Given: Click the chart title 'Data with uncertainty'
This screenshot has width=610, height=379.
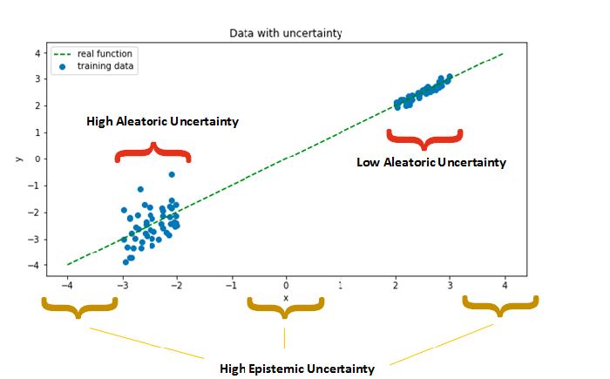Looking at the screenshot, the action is click(x=286, y=33).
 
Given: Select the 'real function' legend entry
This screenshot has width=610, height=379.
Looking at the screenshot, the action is click(x=93, y=54).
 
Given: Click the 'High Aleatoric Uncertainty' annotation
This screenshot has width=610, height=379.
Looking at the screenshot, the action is click(x=163, y=121).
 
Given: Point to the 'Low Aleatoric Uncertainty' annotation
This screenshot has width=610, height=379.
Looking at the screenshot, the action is click(x=431, y=162).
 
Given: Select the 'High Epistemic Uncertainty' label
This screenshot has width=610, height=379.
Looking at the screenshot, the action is click(x=297, y=369).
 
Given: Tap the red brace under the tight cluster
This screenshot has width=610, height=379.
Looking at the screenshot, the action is click(x=424, y=138).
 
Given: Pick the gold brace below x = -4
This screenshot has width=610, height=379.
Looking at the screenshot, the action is click(x=79, y=306).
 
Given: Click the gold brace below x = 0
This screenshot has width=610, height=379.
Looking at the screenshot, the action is click(x=286, y=306).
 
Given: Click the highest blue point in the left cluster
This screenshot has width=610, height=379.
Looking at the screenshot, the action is click(x=172, y=174).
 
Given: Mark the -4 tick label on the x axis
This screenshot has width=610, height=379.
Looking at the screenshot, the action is click(x=67, y=286).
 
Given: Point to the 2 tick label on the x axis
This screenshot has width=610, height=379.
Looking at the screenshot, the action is click(x=396, y=286).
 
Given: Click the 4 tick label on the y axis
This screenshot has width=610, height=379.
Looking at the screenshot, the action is click(x=37, y=53).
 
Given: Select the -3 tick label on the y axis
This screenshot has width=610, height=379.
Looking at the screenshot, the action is click(x=34, y=240).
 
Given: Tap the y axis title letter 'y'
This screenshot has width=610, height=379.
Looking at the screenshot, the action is click(x=18, y=159).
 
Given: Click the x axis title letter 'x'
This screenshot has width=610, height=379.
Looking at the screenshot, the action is click(x=286, y=299).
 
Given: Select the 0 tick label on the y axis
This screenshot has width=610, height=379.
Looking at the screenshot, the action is click(x=37, y=159).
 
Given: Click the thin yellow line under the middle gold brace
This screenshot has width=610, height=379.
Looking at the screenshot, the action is click(x=284, y=338).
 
